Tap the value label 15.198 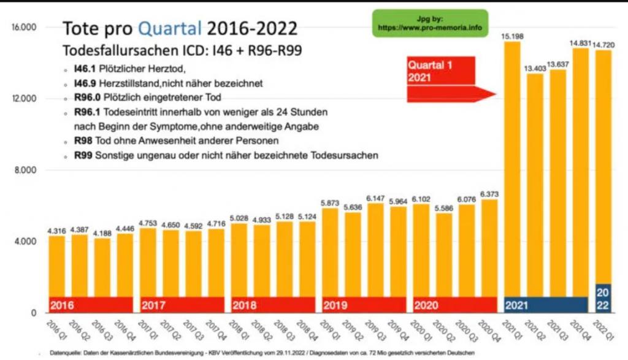point(513,35)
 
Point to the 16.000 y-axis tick point(25,28)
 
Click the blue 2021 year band point(546,304)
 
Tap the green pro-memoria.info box point(430,23)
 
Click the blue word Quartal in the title point(169,28)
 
